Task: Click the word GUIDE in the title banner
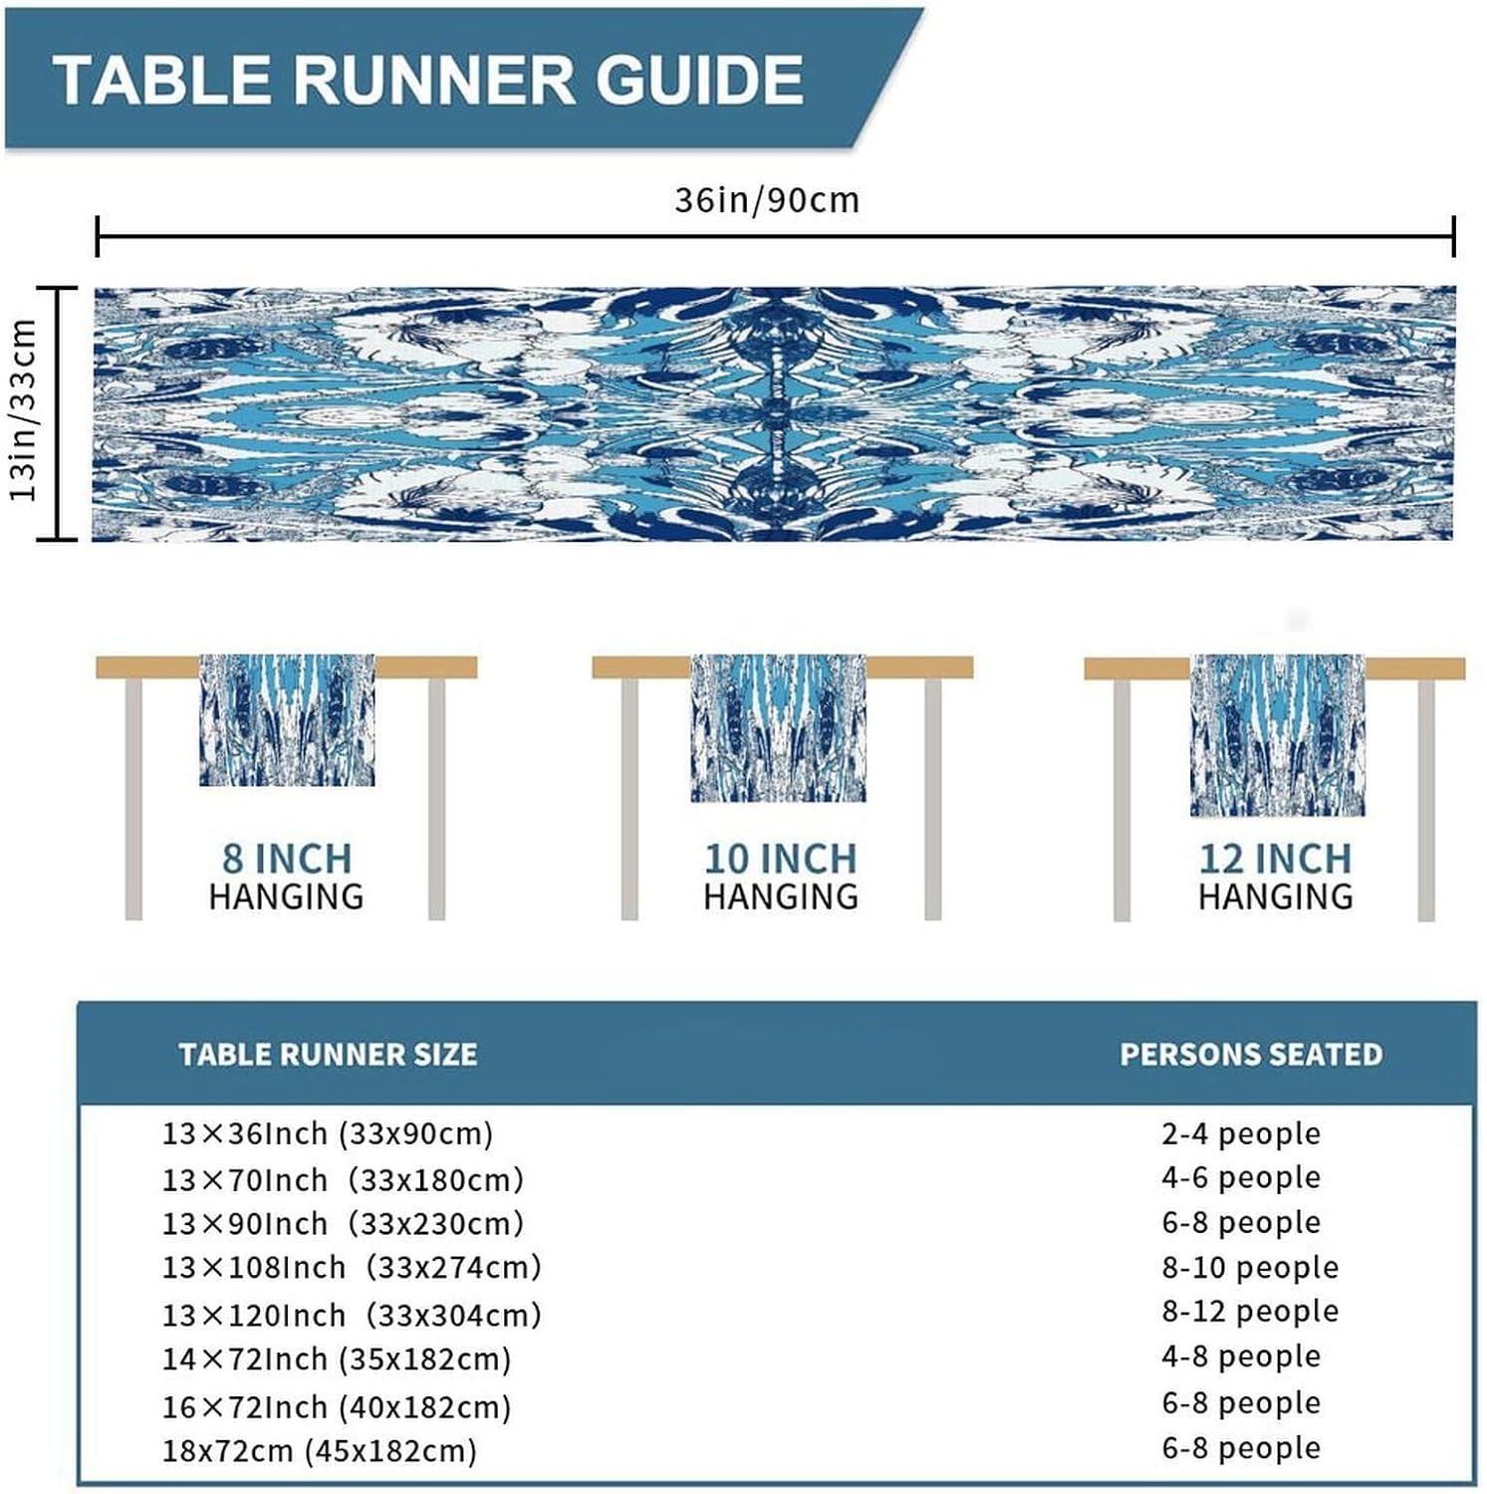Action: coord(700,80)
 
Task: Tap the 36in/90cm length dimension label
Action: coord(766,200)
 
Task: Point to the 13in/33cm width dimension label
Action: coord(23,410)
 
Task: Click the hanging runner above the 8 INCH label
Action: coord(287,719)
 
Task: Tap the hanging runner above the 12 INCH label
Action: coord(1278,735)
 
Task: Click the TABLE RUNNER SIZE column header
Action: coord(328,1055)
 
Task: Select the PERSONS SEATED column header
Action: coord(1251,1055)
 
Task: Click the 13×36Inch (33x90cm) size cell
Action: coord(328,1133)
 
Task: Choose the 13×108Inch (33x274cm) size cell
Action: coord(352,1268)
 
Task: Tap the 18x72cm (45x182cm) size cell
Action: coord(320,1451)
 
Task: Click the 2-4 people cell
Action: coord(1241,1133)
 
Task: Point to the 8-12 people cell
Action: coord(1250,1312)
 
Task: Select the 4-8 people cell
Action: coord(1241,1357)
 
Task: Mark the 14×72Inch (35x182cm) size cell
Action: coord(337,1360)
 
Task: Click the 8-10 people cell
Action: coord(1250,1268)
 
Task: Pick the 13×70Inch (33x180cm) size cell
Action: coord(343,1180)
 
